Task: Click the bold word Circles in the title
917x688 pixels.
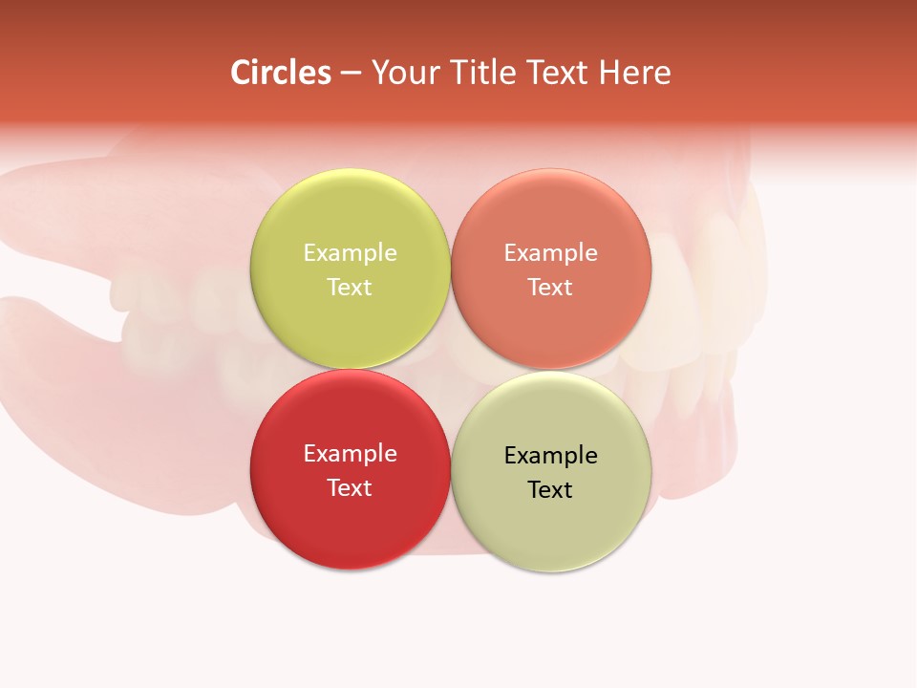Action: coord(281,73)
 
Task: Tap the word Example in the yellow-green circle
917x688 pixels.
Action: coord(350,253)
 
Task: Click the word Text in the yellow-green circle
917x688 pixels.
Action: coord(350,288)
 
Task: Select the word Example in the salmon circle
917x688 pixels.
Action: coord(550,253)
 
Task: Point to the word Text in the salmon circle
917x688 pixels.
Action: coord(550,288)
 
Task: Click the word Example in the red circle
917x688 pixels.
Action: coord(350,454)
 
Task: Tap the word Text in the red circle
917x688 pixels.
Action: coord(350,488)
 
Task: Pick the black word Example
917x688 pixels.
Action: coord(550,456)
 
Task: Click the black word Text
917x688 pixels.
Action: coord(550,490)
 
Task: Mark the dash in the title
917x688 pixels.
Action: coord(351,74)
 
